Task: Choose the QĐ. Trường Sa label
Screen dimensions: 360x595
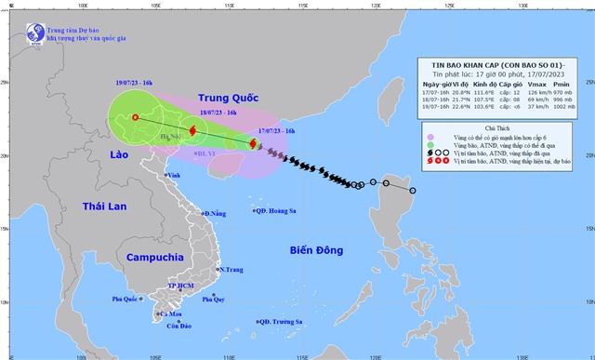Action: pyautogui.click(x=283, y=322)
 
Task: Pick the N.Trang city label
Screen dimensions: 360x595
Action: pyautogui.click(x=230, y=270)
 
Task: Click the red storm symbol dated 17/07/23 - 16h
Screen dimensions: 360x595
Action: pyautogui.click(x=253, y=142)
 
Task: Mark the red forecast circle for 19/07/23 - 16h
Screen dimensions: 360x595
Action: pyautogui.click(x=136, y=118)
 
